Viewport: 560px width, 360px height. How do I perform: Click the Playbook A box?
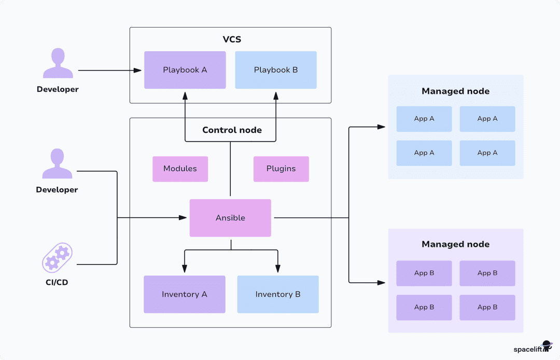pos(185,70)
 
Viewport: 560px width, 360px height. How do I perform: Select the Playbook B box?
pos(276,70)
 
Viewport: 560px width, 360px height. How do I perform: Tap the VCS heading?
pos(231,39)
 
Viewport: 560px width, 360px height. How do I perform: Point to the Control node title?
pos(232,130)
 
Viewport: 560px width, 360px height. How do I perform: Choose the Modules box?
pos(180,169)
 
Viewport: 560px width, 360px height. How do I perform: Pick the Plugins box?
pos(281,169)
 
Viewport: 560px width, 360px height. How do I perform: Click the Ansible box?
pos(230,218)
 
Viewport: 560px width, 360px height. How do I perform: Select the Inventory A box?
pos(184,294)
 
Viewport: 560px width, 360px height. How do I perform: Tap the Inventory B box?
pos(278,294)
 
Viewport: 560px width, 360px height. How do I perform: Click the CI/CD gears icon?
pos(57,258)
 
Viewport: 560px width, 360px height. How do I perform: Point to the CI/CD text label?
pos(57,283)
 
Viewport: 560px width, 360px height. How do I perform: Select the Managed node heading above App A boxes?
pos(455,91)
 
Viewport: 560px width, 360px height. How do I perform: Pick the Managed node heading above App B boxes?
pos(455,244)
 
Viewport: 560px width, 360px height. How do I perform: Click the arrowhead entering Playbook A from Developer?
pos(137,70)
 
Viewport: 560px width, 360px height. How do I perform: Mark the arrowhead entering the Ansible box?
pos(183,218)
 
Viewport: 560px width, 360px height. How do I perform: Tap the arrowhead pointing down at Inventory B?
pos(277,268)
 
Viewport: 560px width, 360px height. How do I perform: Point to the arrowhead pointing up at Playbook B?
pos(276,96)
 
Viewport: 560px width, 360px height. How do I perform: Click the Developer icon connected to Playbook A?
pos(57,64)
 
